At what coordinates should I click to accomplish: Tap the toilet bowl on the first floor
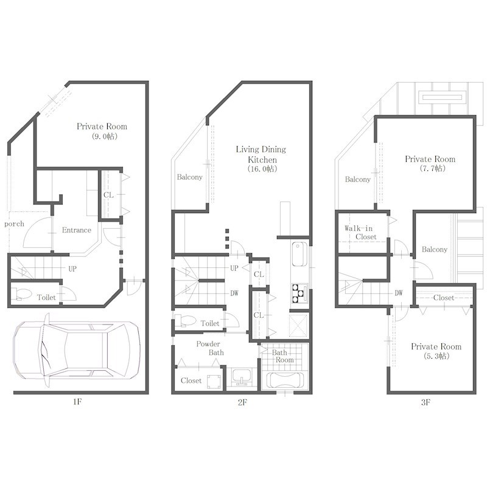(21, 293)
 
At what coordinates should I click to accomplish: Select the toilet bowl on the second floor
(184, 321)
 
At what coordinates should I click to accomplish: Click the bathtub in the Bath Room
(286, 380)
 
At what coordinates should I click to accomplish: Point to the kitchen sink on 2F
(300, 254)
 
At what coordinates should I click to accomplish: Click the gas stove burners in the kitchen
(300, 293)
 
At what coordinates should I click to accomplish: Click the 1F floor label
(77, 402)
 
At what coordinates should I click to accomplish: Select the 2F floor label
(242, 402)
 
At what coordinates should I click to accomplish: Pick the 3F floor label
(426, 402)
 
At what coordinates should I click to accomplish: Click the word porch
(14, 224)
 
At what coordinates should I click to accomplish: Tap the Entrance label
(77, 230)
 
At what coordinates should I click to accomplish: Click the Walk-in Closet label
(360, 233)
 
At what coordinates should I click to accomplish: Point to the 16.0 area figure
(262, 169)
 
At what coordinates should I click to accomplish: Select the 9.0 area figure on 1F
(105, 136)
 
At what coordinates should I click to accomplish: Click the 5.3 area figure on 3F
(436, 356)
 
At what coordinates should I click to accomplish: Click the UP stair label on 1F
(72, 268)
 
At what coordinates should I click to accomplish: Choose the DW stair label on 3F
(399, 293)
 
